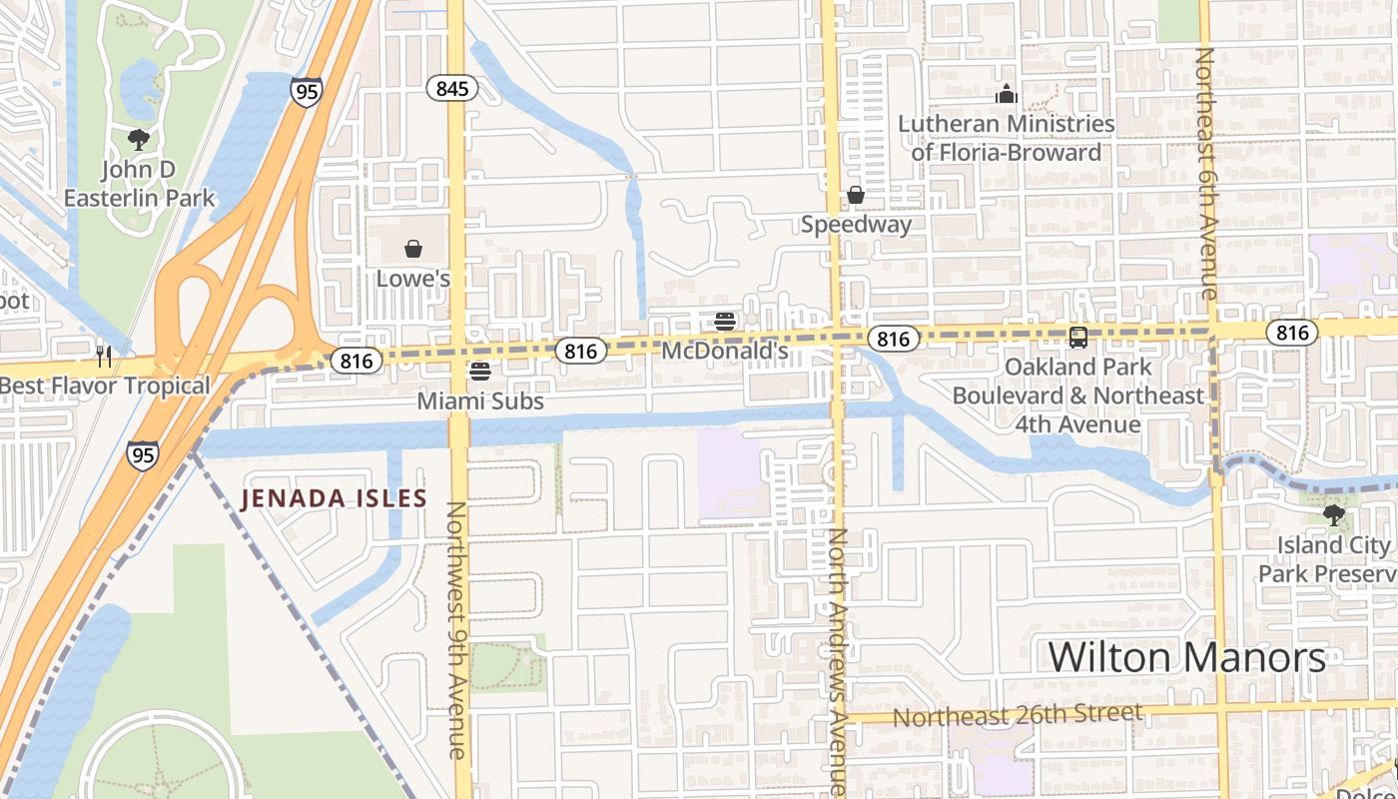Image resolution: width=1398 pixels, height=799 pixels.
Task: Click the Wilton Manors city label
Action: pyautogui.click(x=1186, y=657)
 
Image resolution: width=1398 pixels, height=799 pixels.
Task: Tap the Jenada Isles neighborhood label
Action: pyautogui.click(x=334, y=497)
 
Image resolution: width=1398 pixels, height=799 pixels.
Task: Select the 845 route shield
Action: pyautogui.click(x=452, y=89)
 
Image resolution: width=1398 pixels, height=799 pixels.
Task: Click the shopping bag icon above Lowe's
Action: pyautogui.click(x=413, y=248)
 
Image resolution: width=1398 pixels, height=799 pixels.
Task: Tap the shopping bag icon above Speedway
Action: pyautogui.click(x=856, y=195)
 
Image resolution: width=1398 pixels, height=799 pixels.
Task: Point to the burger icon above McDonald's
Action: pyautogui.click(x=725, y=322)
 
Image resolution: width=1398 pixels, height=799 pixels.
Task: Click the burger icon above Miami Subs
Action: pyautogui.click(x=480, y=373)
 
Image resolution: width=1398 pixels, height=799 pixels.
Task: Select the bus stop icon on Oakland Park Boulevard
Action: pyautogui.click(x=1078, y=338)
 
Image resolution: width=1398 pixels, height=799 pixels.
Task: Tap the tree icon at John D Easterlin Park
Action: pyautogui.click(x=139, y=140)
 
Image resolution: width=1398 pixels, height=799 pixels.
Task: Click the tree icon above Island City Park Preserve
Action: pyautogui.click(x=1333, y=515)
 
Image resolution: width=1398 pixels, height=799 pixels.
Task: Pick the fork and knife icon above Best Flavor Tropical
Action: pyautogui.click(x=103, y=355)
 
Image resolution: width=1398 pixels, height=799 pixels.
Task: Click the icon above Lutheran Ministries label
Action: pyautogui.click(x=1007, y=95)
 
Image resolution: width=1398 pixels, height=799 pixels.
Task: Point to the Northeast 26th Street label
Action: pyautogui.click(x=1017, y=715)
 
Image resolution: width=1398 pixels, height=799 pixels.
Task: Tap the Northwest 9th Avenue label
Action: pyautogui.click(x=455, y=629)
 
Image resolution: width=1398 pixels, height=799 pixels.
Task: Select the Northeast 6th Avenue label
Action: pyautogui.click(x=1206, y=173)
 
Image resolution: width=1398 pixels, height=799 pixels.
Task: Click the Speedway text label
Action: pyautogui.click(x=856, y=224)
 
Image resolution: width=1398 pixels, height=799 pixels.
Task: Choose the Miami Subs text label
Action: pyautogui.click(x=480, y=401)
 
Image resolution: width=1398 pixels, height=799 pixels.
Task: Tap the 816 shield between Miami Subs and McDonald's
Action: pyautogui.click(x=580, y=351)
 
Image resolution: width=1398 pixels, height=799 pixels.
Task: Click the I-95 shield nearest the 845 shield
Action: pyautogui.click(x=307, y=92)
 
